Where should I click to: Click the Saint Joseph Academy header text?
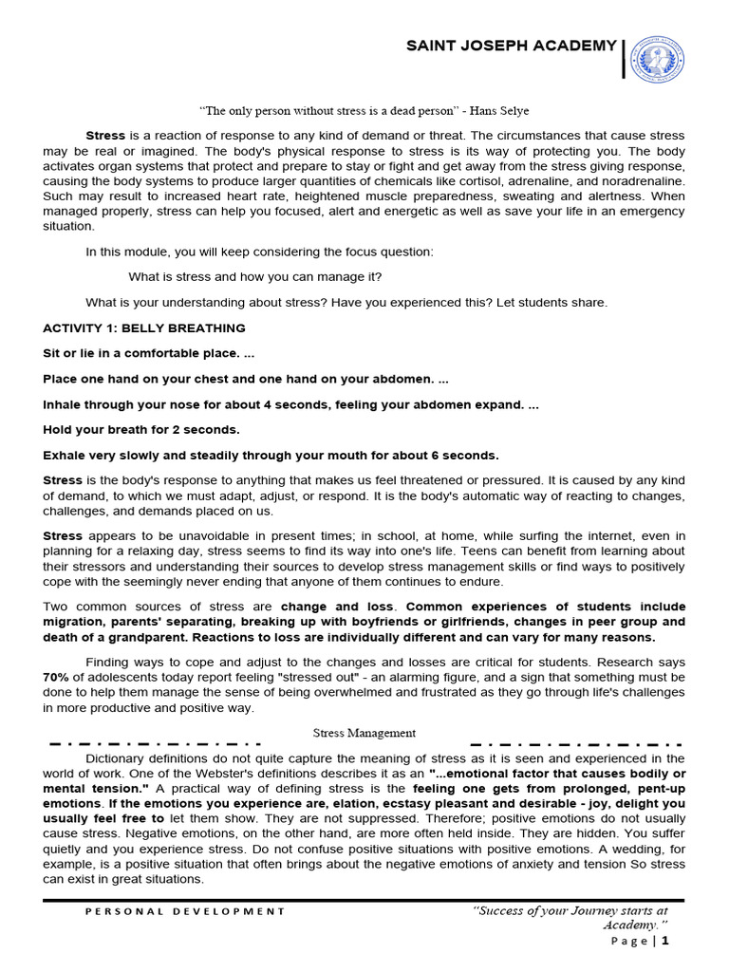[512, 47]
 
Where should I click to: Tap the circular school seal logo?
[658, 59]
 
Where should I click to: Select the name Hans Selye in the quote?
[496, 111]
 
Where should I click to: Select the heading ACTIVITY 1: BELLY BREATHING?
[144, 328]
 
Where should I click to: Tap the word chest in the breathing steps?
[219, 379]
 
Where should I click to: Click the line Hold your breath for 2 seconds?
[140, 429]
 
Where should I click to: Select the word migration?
[72, 622]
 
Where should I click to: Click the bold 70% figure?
[56, 678]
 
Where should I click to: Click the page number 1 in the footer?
[666, 941]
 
